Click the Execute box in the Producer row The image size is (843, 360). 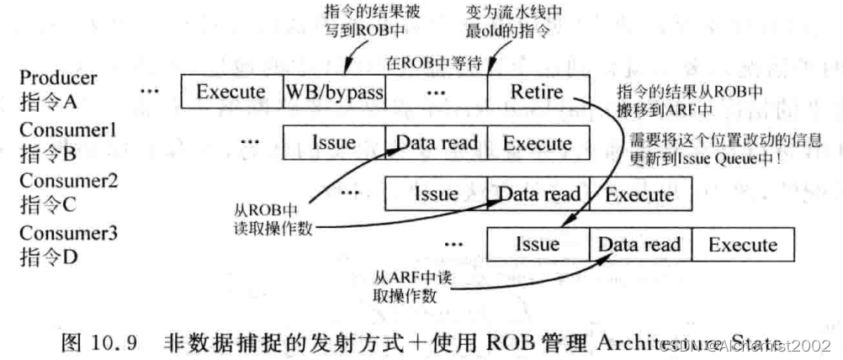coord(231,92)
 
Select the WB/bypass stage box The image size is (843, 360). coord(334,92)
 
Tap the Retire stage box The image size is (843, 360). coord(537,92)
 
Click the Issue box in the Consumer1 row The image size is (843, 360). coord(333,143)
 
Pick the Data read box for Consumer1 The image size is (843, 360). coord(436,143)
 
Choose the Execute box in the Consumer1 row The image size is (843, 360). coord(537,143)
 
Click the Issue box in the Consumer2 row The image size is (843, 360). coord(435,194)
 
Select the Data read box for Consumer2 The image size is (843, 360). coord(538,194)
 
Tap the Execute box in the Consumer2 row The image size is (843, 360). coord(640,194)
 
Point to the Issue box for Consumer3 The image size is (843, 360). coord(537,245)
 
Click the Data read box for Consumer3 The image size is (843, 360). coord(639,245)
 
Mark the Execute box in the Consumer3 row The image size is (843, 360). coord(742,245)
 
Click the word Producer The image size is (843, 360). coord(58,77)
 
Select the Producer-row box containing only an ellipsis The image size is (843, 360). coord(436,92)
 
